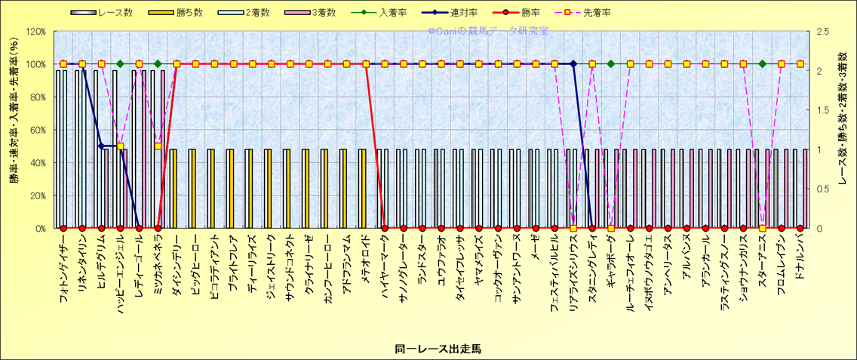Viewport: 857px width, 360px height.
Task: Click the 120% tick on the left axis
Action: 36,32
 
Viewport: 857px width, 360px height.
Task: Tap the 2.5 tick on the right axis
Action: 818,32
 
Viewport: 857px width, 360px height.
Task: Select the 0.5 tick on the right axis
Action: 818,195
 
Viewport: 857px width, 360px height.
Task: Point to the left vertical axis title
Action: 14,130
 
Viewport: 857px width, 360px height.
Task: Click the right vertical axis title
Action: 843,130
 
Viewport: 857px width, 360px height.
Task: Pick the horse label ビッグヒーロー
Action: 195,264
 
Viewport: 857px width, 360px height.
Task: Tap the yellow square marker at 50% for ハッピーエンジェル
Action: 120,146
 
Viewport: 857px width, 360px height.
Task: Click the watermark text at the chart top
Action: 487,31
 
